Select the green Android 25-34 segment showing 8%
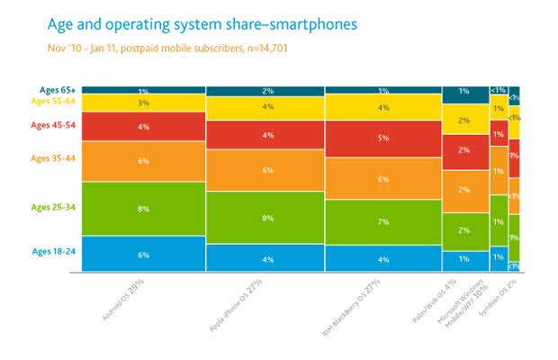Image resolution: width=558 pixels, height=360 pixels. [x=144, y=208]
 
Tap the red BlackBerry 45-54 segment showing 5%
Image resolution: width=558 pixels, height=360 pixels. [x=382, y=139]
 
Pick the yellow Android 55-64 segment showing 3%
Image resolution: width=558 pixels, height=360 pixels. [x=144, y=104]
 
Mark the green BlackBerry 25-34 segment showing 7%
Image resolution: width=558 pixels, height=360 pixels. [x=382, y=221]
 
